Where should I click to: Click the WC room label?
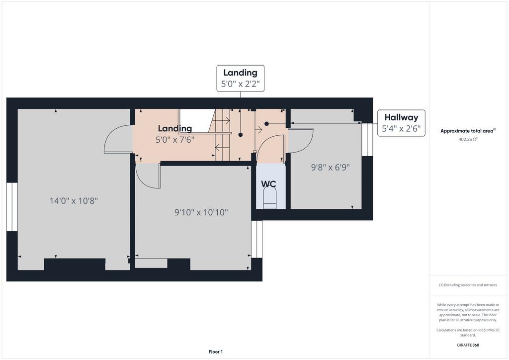click(x=268, y=184)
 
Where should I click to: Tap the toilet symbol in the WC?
click(x=269, y=199)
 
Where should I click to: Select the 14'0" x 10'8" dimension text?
click(x=74, y=200)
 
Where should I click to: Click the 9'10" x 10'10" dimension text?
click(x=201, y=212)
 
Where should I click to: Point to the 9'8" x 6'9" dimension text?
click(x=331, y=168)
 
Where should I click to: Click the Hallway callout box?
click(x=401, y=123)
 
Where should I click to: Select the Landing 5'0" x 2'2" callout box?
click(x=240, y=78)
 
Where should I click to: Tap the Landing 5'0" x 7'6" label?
click(x=175, y=134)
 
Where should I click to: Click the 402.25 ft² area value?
click(x=468, y=139)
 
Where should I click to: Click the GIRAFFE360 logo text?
click(x=468, y=345)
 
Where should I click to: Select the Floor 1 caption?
click(x=216, y=352)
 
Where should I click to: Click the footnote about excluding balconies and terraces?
click(x=468, y=285)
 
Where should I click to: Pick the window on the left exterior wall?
click(x=12, y=207)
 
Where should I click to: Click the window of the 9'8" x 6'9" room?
click(x=367, y=139)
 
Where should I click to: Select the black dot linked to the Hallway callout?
click(x=266, y=124)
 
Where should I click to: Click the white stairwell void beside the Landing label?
click(x=196, y=120)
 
